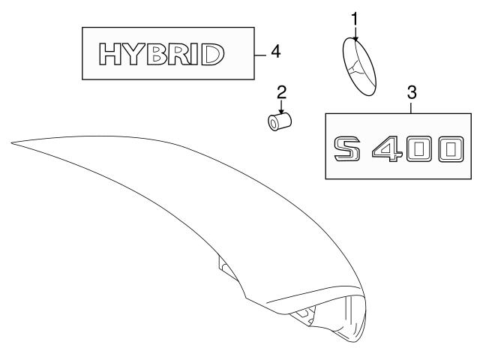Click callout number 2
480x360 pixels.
(x=281, y=92)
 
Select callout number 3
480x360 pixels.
(x=411, y=93)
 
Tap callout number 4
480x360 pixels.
(x=276, y=52)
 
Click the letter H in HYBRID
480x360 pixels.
(x=112, y=54)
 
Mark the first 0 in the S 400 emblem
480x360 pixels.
(x=419, y=148)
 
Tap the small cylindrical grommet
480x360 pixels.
(x=280, y=120)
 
